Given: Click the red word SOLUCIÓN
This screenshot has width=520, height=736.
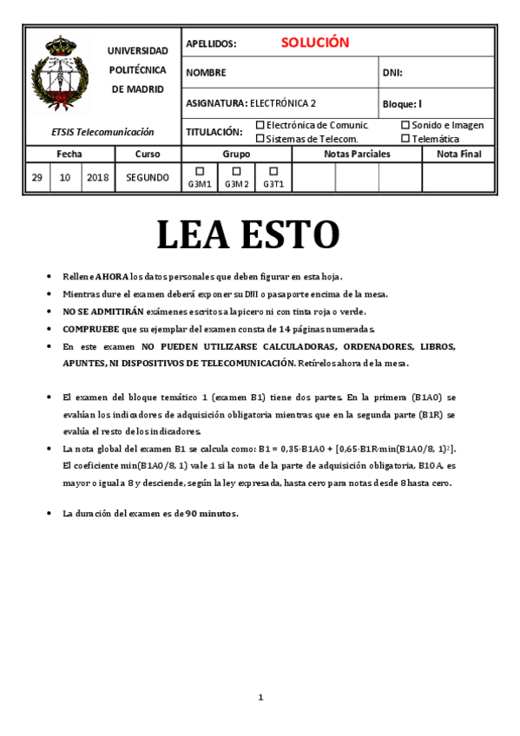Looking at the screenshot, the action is (x=314, y=43).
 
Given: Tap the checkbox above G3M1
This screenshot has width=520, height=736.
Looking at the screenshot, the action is (x=200, y=171).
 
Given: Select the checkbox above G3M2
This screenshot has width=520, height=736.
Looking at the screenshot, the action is (x=236, y=171).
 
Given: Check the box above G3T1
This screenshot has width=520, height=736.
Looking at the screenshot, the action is (x=273, y=171).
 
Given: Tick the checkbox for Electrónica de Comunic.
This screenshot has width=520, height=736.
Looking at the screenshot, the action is (x=260, y=125).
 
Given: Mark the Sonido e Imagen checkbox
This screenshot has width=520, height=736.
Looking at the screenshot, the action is (x=405, y=125).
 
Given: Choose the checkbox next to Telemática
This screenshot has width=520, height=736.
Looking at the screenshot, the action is (x=405, y=138).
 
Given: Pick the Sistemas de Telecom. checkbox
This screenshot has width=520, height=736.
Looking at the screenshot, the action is (x=260, y=138).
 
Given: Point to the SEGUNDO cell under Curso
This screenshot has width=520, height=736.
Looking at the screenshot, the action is (x=147, y=177).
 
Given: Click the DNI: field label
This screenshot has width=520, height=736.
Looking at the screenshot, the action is (x=392, y=73).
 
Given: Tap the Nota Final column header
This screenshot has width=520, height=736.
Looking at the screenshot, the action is (x=458, y=154).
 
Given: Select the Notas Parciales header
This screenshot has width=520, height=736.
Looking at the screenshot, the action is (x=357, y=154).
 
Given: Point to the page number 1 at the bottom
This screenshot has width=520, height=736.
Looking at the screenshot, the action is (x=260, y=697).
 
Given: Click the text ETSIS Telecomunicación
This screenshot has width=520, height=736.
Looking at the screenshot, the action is (x=102, y=132).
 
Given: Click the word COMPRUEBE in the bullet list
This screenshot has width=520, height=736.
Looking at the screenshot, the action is (x=90, y=329).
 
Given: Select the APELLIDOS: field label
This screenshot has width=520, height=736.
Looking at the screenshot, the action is (x=211, y=43).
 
